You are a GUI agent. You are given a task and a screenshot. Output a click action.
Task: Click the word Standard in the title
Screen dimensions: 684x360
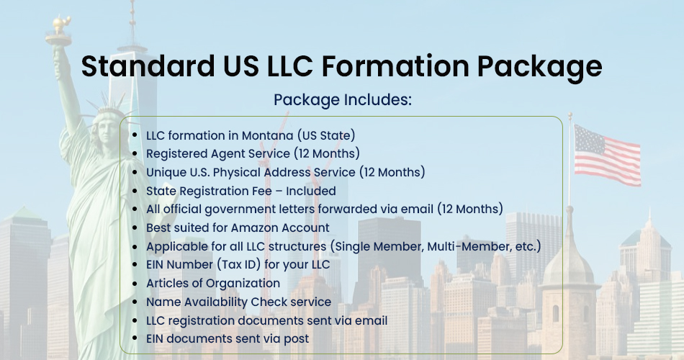point(148,66)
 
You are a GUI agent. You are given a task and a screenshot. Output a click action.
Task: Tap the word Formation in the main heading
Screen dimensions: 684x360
point(395,66)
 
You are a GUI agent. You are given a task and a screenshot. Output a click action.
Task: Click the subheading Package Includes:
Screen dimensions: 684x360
point(343,99)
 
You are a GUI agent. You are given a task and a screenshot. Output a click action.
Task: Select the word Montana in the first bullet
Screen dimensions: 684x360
point(267,135)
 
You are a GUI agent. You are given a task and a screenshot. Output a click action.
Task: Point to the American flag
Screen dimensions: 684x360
point(607,155)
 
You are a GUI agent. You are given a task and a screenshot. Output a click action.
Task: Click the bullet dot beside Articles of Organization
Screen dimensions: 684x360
point(135,284)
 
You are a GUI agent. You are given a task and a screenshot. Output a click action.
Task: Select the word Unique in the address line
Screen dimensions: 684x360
point(166,172)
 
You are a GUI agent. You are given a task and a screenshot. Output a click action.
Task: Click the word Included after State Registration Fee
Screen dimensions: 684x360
point(310,191)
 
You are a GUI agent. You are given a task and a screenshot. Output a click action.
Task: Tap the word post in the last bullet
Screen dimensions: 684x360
point(296,339)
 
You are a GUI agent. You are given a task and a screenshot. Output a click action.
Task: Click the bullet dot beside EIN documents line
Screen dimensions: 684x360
point(135,339)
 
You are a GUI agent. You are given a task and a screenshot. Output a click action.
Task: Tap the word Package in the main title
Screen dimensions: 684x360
point(539,68)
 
